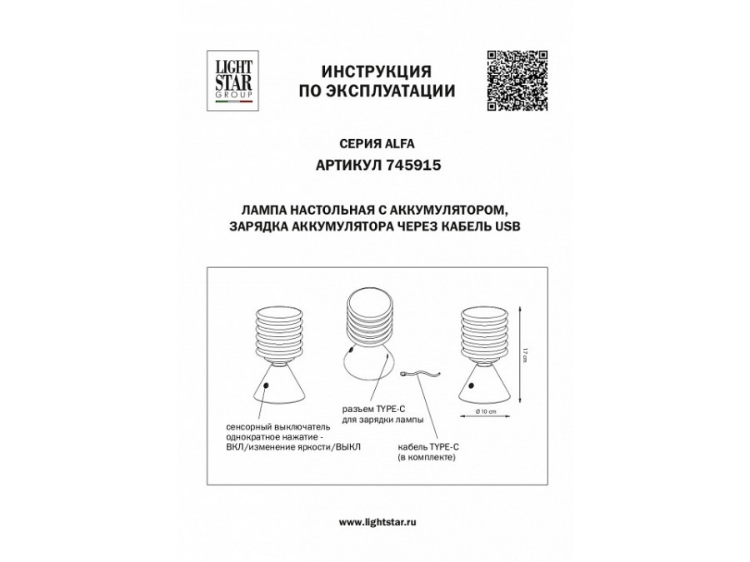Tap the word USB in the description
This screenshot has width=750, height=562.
click(x=507, y=226)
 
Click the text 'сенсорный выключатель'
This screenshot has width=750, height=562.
click(x=270, y=425)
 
